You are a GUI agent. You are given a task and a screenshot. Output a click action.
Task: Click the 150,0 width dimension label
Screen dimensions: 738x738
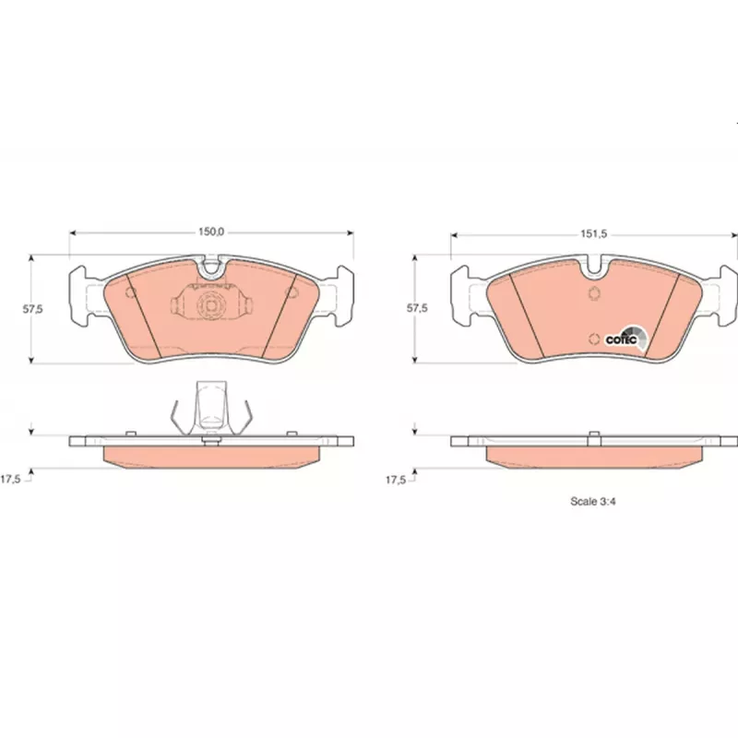pos(211,232)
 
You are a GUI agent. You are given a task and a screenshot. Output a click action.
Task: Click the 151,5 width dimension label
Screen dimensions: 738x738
pos(594,234)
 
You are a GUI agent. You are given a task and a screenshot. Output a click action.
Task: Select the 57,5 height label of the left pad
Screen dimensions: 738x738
pos(33,309)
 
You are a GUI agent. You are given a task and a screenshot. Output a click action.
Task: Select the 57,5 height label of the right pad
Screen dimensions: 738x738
pos(418,308)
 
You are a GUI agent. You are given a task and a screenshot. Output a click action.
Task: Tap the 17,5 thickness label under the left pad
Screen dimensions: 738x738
pos(10,480)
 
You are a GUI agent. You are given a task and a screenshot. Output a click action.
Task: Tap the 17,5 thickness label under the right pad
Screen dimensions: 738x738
pos(396,480)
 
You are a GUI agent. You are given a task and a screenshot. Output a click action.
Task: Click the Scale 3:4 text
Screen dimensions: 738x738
pos(593,501)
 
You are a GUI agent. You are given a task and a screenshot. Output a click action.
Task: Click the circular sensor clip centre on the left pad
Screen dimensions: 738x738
pos(210,305)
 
